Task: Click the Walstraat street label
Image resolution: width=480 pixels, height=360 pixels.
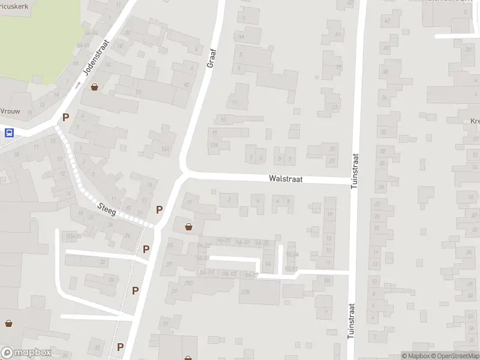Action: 286,178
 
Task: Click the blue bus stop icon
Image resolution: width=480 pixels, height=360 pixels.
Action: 9,133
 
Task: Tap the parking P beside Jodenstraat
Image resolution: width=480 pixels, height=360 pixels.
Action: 66,117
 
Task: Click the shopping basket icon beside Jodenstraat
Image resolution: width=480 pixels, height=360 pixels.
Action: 95,87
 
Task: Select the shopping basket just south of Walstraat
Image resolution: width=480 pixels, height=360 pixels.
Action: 189,226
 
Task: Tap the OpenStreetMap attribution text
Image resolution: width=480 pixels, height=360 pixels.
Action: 455,356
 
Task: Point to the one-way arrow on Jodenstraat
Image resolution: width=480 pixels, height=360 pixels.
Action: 77,85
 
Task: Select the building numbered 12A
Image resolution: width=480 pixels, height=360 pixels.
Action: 213,145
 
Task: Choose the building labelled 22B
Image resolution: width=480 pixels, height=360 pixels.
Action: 244,292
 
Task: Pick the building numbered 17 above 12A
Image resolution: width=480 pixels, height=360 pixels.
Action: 214,133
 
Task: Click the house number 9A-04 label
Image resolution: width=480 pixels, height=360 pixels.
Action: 292,254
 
